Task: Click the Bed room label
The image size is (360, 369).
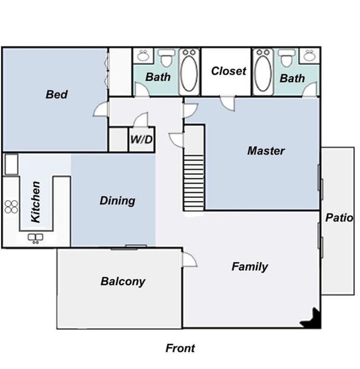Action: [x=56, y=95]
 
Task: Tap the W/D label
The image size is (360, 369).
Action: [x=141, y=139]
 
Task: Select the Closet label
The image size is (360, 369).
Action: [x=228, y=71]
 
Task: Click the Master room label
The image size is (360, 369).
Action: [x=266, y=150]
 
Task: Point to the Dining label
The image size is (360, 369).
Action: [x=117, y=200]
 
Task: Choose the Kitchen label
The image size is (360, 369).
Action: [x=35, y=202]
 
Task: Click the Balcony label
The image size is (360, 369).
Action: [x=123, y=281]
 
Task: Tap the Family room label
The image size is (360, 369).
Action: [x=249, y=267]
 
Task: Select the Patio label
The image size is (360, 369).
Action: [x=339, y=217]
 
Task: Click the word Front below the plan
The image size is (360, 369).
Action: [x=180, y=348]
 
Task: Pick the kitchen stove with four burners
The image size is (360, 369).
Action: [x=11, y=206]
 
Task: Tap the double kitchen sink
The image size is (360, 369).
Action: [x=36, y=238]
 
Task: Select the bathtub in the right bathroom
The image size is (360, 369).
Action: [x=263, y=72]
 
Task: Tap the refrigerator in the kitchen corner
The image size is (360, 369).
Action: [x=11, y=164]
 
